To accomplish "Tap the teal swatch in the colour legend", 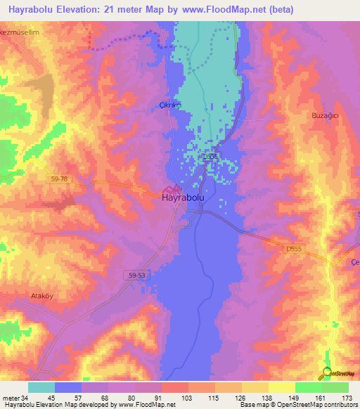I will pyautogui.click(x=41, y=387).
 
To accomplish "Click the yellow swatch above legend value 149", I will pyautogui.click(x=281, y=387).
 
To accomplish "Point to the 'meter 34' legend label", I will pyautogui.click(x=15, y=398).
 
